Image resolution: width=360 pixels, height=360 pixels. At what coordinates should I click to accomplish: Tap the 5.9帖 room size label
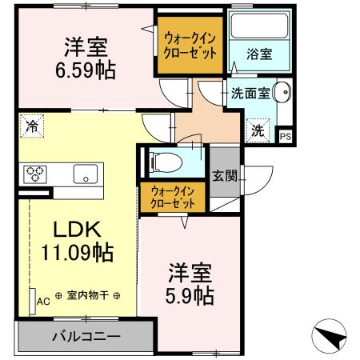click(x=190, y=295)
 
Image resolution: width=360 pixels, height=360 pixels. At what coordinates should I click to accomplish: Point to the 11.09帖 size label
click(x=77, y=253)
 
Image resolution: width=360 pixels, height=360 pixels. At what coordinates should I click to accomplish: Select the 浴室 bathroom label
click(x=258, y=55)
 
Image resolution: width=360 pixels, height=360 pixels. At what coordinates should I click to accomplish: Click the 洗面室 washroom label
click(x=250, y=93)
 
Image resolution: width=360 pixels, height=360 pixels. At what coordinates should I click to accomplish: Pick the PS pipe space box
click(x=286, y=136)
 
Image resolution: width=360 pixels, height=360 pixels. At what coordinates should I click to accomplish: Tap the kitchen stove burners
click(x=36, y=174)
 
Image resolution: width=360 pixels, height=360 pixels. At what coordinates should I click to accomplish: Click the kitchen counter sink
click(x=84, y=174)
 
